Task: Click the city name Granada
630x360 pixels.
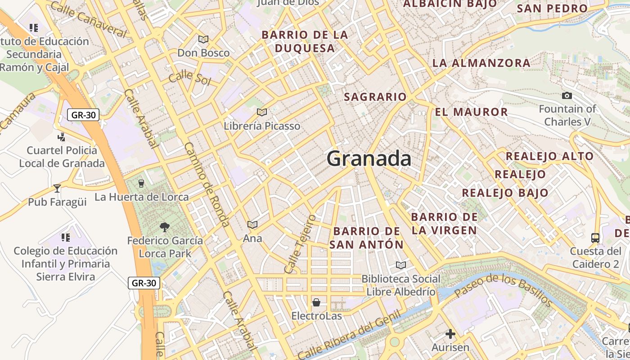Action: pos(369,159)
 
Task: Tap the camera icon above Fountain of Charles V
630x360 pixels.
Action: pos(567,95)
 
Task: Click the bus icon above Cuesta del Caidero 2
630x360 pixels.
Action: pos(595,237)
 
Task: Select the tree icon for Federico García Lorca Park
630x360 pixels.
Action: pos(165,227)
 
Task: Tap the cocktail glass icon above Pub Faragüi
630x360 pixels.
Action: pos(57,188)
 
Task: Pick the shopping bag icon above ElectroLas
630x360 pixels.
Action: pos(316,302)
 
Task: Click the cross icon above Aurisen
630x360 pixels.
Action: pos(450,333)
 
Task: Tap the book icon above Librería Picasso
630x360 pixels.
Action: pos(262,112)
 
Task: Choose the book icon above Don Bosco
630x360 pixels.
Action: pos(203,39)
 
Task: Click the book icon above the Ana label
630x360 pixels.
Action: pos(252,224)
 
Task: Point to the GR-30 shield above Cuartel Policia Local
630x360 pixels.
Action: pos(83,115)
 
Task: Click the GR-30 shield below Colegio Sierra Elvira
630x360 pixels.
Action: pos(144,283)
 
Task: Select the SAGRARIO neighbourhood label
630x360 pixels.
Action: pos(375,97)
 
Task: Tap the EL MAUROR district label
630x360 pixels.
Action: pos(471,112)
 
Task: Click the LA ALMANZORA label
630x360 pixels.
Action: pos(481,63)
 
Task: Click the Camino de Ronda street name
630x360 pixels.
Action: pos(207,184)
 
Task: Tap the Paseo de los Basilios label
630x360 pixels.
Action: pos(503,289)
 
